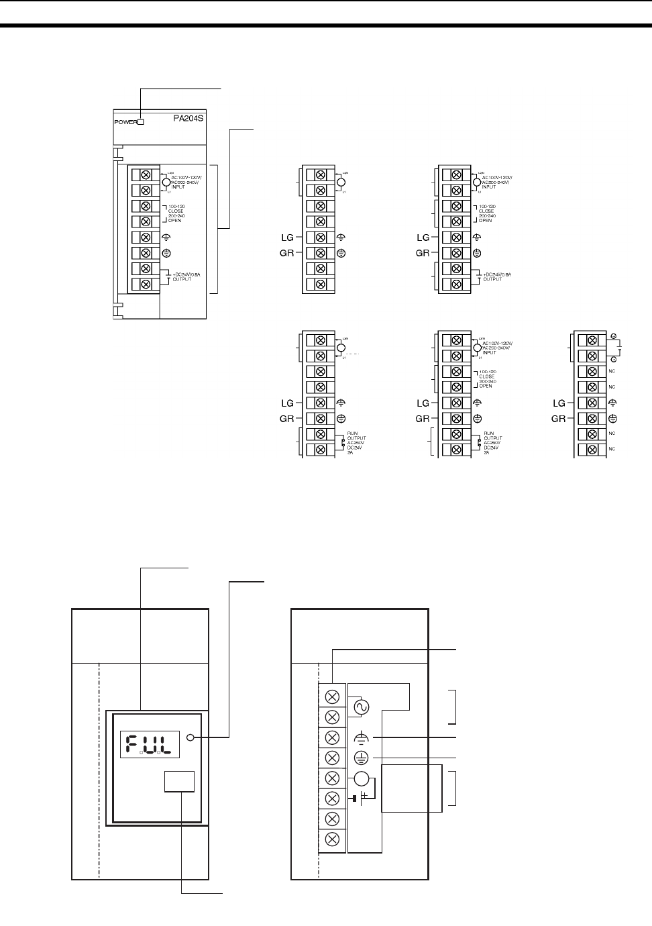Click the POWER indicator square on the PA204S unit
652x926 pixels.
pos(141,122)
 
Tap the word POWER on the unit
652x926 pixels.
pos(125,122)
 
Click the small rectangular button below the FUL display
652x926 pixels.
pos(180,782)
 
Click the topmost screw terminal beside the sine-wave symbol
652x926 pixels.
pos(332,697)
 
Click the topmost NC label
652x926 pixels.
pos(612,372)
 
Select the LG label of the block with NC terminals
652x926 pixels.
pos(559,403)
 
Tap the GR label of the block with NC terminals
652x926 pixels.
pos(559,419)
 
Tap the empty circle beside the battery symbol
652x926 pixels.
pos(361,778)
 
